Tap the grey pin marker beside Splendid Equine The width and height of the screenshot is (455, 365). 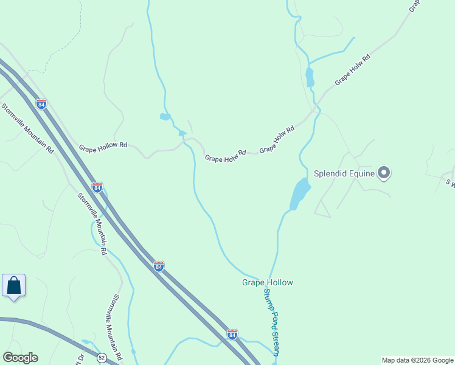pyautogui.click(x=384, y=173)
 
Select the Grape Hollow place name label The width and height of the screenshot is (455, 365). pyautogui.click(x=268, y=282)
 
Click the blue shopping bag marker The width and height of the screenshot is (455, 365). pyautogui.click(x=13, y=285)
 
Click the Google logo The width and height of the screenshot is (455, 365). pyautogui.click(x=20, y=358)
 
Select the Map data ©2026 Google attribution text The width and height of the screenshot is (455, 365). pyautogui.click(x=417, y=360)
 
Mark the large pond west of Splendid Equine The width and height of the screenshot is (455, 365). pyautogui.click(x=300, y=193)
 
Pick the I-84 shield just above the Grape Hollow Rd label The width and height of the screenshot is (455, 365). pyautogui.click(x=41, y=103)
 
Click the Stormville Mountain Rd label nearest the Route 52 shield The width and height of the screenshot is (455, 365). pyautogui.click(x=117, y=326)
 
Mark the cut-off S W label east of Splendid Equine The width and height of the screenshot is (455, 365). pyautogui.click(x=451, y=181)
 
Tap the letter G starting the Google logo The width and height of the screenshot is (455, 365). pyautogui.click(x=7, y=358)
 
